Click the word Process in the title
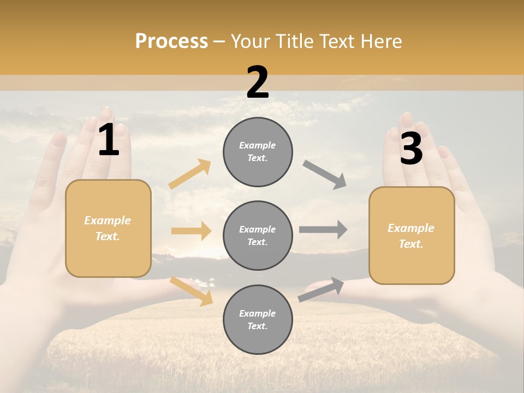click(171, 41)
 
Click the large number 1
click(109, 141)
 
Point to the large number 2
click(258, 82)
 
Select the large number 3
click(411, 148)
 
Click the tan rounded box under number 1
click(108, 228)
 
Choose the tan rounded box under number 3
click(412, 236)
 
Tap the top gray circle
click(258, 152)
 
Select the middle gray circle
click(258, 236)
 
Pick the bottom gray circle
click(258, 320)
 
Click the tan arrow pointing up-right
click(190, 174)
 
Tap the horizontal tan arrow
click(191, 231)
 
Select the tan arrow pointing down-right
click(192, 291)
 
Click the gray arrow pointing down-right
click(325, 175)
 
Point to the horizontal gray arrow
click(323, 230)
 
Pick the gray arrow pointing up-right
click(321, 290)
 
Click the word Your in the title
click(249, 41)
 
